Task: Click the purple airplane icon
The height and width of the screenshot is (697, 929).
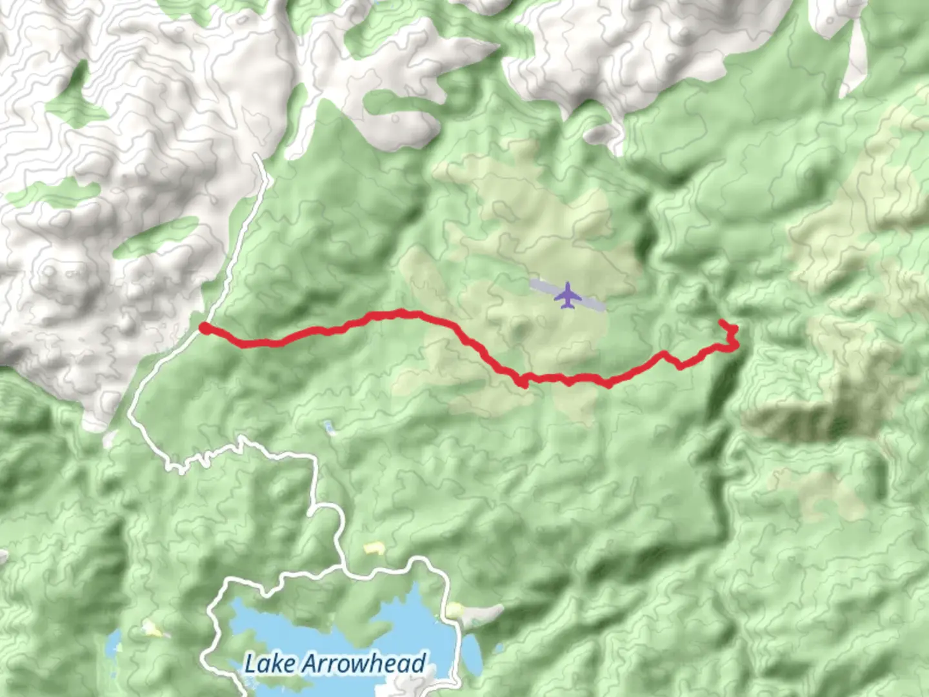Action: [568, 295]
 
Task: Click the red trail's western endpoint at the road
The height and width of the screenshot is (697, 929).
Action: [203, 328]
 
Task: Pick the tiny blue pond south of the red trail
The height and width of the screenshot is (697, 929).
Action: [330, 427]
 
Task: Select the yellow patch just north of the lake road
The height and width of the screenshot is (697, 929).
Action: [374, 548]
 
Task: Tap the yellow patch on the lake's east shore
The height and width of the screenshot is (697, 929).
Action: [455, 609]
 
